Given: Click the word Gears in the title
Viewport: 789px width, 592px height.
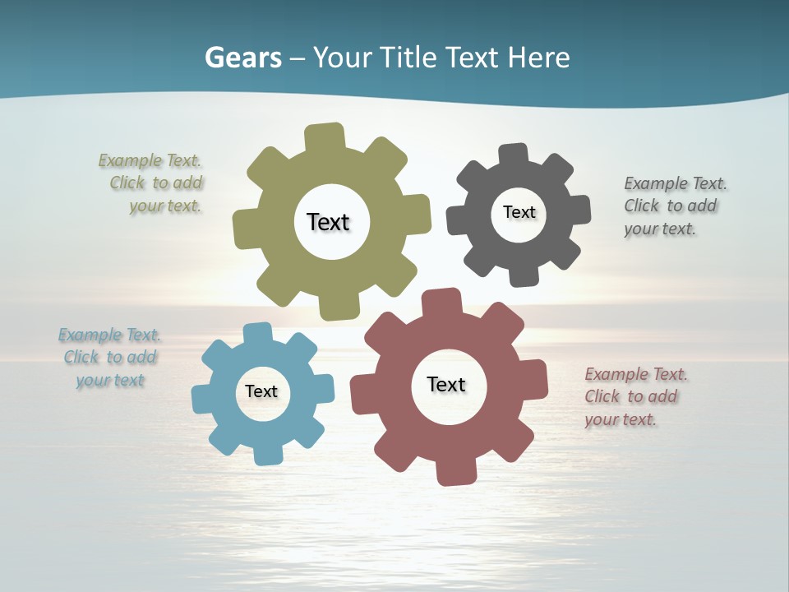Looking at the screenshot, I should click(242, 58).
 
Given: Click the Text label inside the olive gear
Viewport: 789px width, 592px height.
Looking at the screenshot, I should click(328, 222).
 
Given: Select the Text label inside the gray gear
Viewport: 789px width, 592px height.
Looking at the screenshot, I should click(519, 212).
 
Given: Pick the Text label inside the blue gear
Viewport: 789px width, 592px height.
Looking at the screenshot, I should click(261, 391).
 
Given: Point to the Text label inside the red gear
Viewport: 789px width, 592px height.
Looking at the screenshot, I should click(446, 384).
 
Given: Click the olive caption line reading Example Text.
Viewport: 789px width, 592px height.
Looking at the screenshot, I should click(150, 160).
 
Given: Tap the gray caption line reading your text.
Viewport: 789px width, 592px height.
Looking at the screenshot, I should click(659, 229).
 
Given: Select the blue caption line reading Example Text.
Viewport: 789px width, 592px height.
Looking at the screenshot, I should click(109, 335).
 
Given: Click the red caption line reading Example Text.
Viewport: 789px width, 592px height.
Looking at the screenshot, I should click(636, 374).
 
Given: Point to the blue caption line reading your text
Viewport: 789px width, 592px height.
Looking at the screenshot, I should click(110, 380).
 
